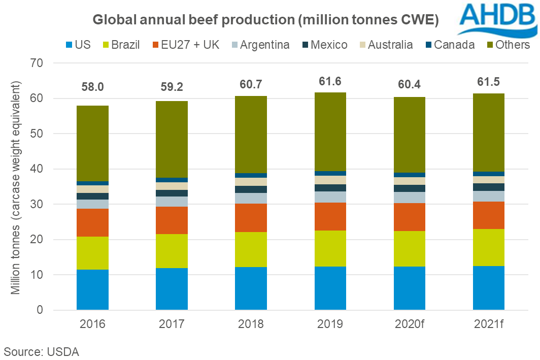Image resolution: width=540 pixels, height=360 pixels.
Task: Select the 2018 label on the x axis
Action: coord(251,324)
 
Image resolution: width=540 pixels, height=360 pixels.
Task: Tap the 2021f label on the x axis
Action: coord(489,324)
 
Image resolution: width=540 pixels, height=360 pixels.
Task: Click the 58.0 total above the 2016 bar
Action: coord(92,87)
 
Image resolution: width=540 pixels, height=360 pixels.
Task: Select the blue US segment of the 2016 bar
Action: coord(92,289)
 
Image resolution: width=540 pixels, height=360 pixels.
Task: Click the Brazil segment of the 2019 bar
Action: coord(330,248)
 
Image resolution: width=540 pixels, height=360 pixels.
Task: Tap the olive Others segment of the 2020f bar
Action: coord(410,135)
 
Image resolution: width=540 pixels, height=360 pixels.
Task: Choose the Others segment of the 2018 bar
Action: coord(251,135)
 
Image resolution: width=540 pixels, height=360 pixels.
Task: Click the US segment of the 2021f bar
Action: coord(489,288)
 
